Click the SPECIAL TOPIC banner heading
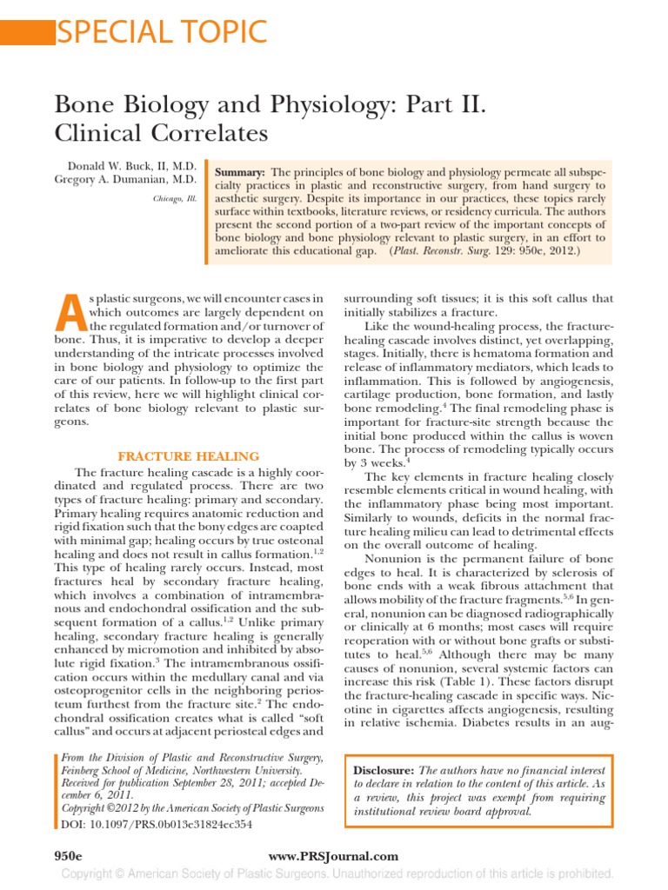tap(161, 31)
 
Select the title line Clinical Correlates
tap(161, 134)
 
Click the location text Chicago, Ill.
tap(177, 198)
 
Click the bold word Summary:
tap(240, 174)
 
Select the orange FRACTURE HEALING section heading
tap(189, 456)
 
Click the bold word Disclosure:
tap(384, 771)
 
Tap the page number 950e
tap(70, 856)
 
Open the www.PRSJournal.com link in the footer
tap(333, 856)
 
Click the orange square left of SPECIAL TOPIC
tap(26, 31)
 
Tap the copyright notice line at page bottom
tap(333, 873)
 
